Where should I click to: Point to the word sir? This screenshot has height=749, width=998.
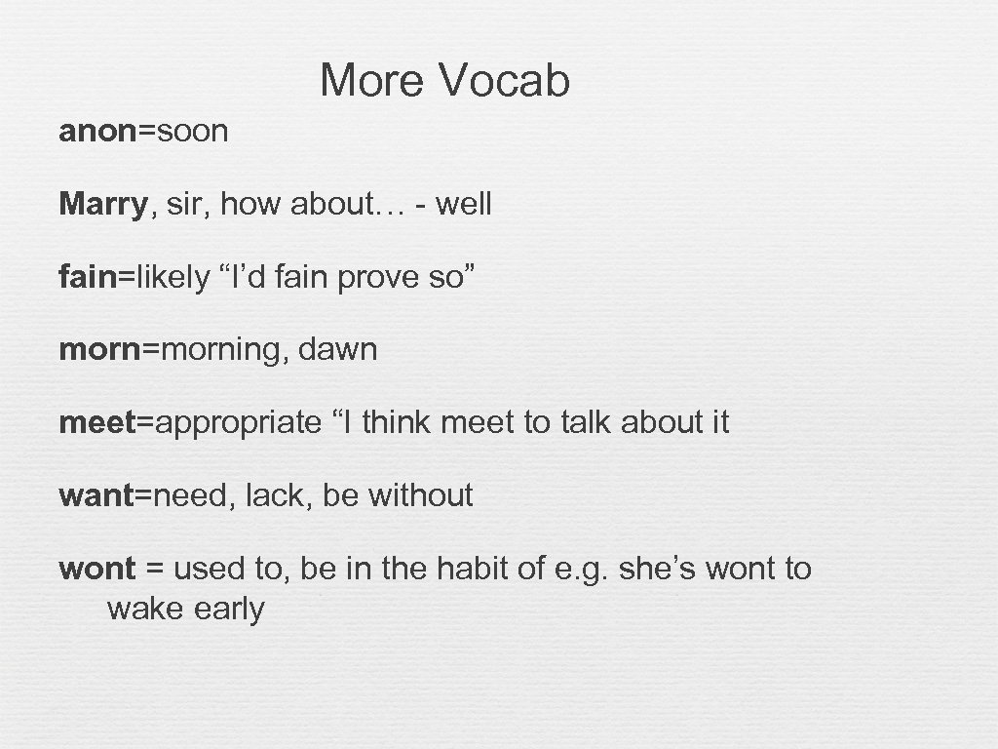[x=180, y=204]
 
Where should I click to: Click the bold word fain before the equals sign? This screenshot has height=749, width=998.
[x=88, y=277]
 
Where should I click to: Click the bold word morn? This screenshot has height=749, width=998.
[x=100, y=349]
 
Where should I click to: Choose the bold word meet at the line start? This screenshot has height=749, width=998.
[x=97, y=422]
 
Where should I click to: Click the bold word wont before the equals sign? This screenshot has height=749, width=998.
[x=96, y=569]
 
